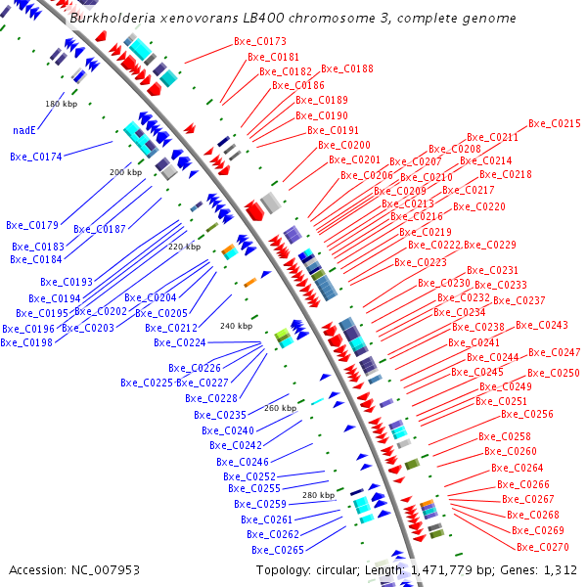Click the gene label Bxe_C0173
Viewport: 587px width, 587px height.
click(260, 42)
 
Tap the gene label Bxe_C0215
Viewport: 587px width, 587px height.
click(555, 124)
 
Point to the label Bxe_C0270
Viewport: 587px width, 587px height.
click(542, 547)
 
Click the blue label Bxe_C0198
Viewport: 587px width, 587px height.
click(25, 342)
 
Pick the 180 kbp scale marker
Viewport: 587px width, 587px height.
click(60, 103)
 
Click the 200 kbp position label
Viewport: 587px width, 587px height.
click(125, 172)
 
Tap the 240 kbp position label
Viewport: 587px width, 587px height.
click(236, 326)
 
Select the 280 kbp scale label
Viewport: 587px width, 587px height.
click(318, 495)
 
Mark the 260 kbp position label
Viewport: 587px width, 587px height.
click(280, 407)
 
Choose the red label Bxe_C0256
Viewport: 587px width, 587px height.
click(527, 415)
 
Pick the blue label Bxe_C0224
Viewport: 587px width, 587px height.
click(180, 342)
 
